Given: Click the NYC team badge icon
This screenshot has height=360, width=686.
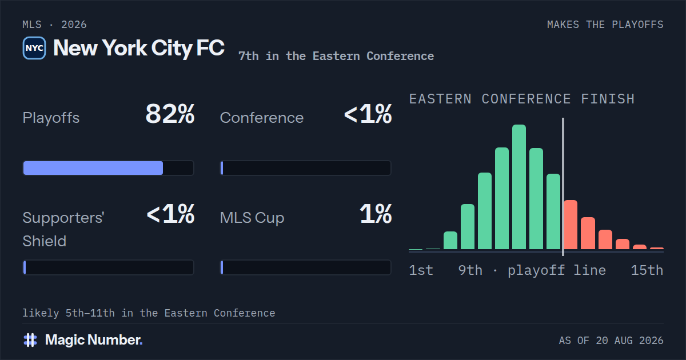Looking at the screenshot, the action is [34, 48].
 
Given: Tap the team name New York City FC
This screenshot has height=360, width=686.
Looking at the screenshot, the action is [139, 48].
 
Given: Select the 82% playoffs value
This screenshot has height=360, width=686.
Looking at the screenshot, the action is [170, 114].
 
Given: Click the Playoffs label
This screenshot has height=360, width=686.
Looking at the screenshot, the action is [51, 118].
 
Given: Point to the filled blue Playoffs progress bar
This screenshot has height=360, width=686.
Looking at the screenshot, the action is [93, 168].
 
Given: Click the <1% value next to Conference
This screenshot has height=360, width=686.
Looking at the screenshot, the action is [368, 114].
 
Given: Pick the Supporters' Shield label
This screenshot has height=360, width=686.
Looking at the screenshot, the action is [63, 229].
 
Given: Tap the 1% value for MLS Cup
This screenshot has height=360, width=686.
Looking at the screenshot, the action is [376, 214].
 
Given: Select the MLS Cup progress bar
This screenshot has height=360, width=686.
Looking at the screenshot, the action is [306, 267].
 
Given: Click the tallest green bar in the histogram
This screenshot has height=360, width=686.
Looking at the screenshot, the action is [519, 187].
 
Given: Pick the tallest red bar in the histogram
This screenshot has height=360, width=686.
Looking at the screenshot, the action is [571, 225].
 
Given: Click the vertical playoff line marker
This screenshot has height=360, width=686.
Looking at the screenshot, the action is [563, 187].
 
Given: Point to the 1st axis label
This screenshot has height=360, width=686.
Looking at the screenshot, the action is [421, 270].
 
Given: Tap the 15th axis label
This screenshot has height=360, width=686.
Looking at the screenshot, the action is [647, 270].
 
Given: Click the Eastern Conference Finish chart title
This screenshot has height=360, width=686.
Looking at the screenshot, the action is [522, 99].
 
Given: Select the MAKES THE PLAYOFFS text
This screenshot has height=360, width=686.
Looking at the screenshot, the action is [605, 25].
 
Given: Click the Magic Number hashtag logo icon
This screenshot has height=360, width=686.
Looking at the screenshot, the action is [30, 340].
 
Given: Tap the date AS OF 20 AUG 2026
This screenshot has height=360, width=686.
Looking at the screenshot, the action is [611, 341].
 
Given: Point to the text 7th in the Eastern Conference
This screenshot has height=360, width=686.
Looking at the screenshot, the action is [336, 56].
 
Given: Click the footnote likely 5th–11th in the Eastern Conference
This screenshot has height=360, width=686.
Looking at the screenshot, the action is [149, 313].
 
